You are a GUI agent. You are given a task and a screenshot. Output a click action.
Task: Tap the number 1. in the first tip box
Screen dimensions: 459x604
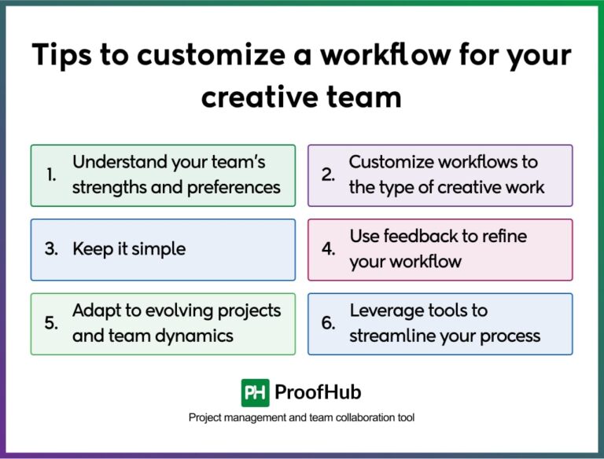51,175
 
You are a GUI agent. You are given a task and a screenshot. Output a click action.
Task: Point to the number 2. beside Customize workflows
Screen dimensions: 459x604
329,175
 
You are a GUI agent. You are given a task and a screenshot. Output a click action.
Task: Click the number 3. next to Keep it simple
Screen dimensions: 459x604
51,250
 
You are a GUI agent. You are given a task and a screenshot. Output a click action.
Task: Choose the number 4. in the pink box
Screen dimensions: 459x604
329,250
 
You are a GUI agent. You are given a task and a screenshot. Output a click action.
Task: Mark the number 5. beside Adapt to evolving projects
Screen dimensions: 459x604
51,324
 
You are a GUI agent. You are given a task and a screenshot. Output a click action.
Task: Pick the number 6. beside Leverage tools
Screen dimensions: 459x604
329,324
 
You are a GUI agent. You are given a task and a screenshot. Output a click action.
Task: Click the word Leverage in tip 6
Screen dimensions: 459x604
385,310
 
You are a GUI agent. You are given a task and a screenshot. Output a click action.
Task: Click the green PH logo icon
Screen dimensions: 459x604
255,392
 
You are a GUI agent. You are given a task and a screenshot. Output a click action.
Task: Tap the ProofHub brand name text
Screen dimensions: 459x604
318,392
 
